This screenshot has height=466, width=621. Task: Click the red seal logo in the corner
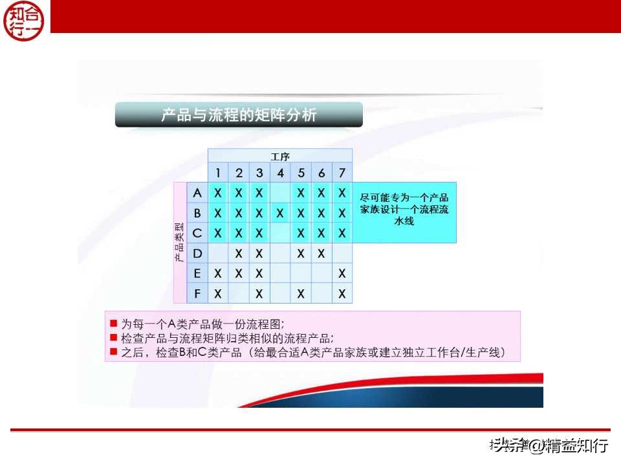[24, 20]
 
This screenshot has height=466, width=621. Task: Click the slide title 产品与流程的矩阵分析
[239, 115]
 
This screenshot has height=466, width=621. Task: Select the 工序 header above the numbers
[279, 156]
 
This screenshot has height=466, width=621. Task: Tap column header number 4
[280, 173]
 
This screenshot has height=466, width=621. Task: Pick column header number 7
[342, 173]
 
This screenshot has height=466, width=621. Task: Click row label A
[197, 193]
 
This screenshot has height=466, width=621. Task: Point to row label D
[197, 253]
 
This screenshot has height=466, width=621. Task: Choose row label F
[197, 293]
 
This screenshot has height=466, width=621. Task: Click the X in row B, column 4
[280, 213]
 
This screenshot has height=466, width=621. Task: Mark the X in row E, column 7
[342, 274]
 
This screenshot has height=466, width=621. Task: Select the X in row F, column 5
[301, 294]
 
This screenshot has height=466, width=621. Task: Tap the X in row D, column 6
[321, 253]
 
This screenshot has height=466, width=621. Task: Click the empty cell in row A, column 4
[280, 193]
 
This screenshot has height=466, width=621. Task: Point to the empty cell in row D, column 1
[218, 253]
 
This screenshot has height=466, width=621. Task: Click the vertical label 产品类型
[179, 243]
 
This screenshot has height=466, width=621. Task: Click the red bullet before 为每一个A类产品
[113, 323]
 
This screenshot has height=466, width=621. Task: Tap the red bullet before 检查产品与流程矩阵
[113, 338]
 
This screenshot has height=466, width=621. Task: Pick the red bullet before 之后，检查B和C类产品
[113, 353]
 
